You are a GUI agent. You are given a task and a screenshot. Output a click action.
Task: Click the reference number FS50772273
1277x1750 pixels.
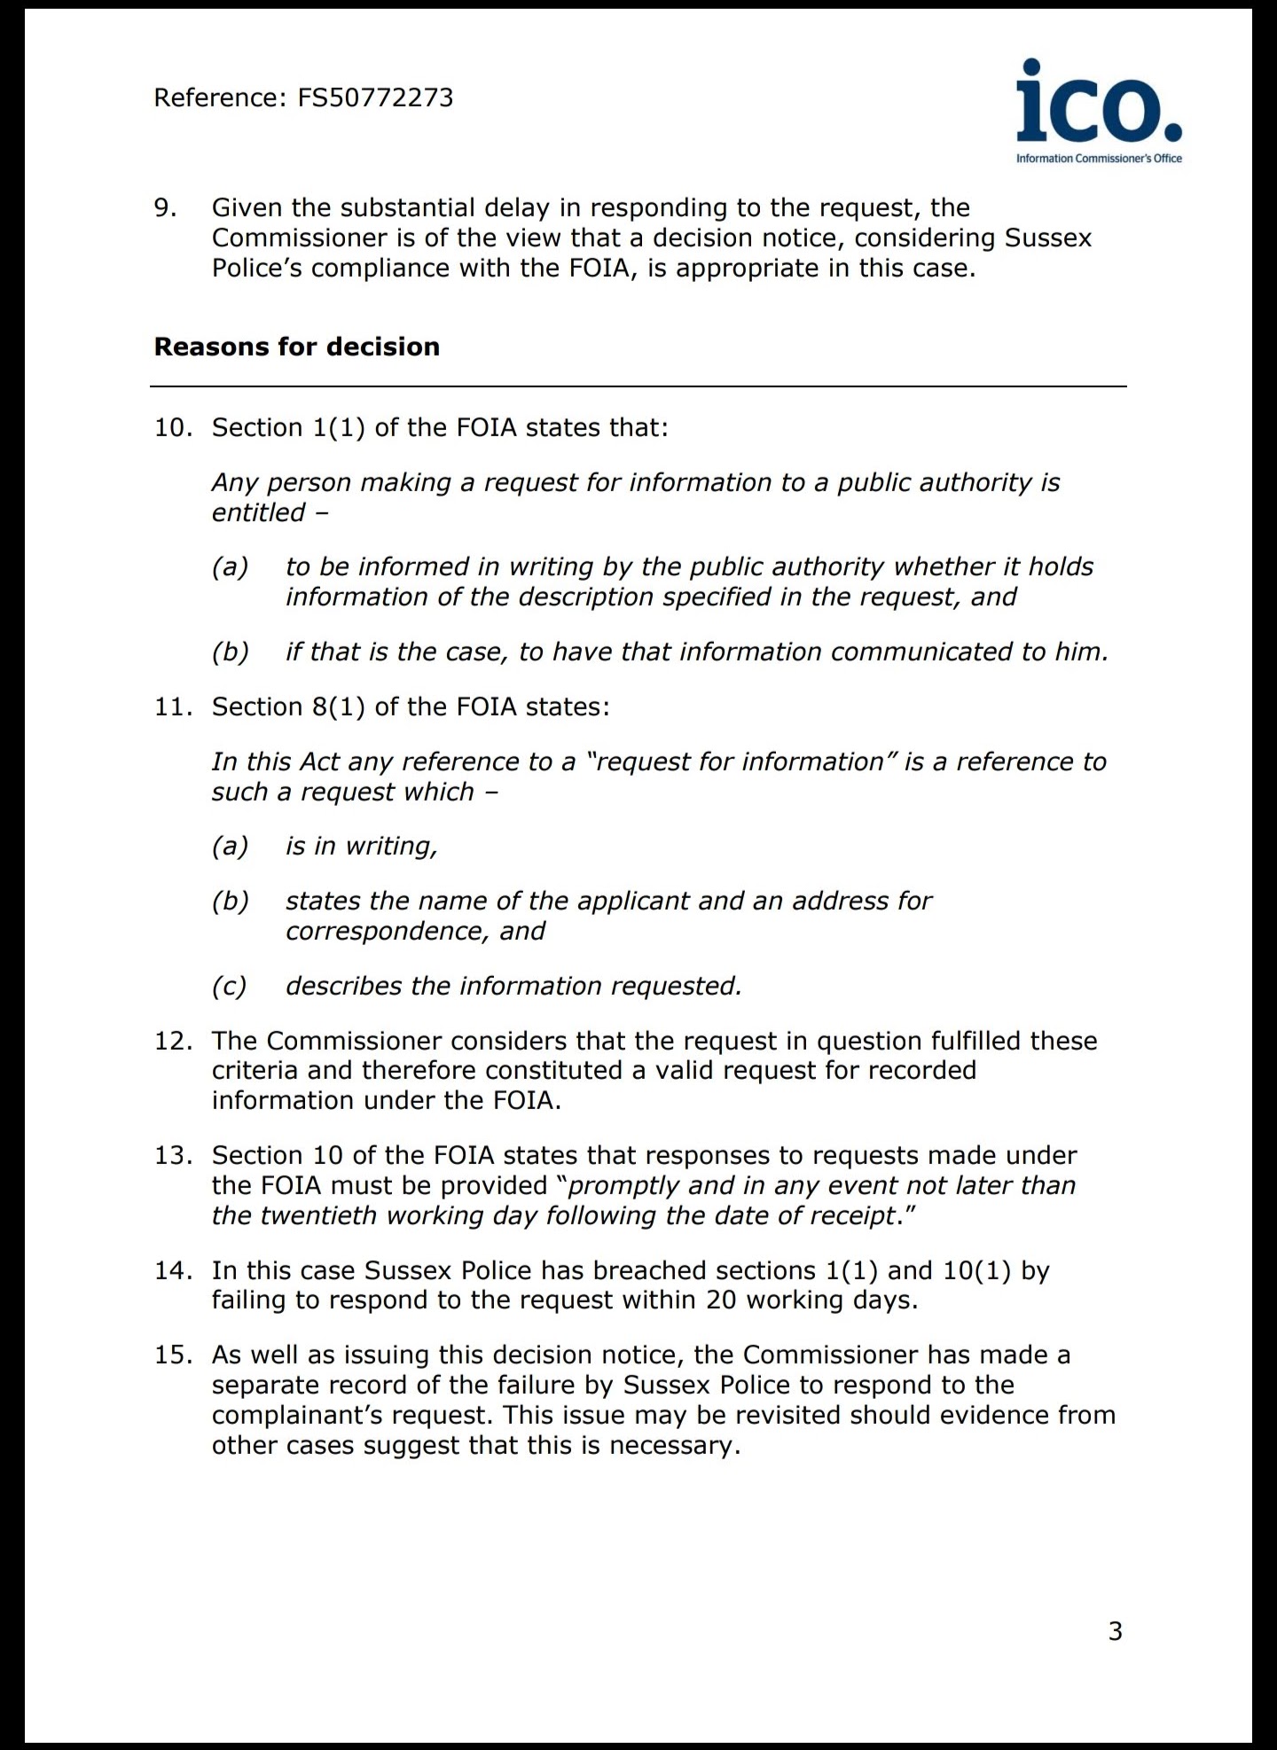tap(375, 98)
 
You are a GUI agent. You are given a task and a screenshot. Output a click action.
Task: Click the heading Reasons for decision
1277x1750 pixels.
tap(296, 347)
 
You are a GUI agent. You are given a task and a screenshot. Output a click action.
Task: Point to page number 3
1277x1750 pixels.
tap(1116, 1630)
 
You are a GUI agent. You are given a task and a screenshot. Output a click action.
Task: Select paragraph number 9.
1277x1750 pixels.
tap(165, 207)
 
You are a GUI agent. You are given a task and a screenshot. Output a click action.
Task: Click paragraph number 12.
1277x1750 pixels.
tap(173, 1041)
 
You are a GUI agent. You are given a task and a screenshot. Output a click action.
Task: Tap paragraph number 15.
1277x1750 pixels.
tap(173, 1355)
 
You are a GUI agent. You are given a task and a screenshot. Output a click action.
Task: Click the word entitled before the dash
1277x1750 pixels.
tap(258, 512)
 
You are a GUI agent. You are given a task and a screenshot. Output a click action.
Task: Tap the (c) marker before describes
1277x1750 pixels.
tap(229, 986)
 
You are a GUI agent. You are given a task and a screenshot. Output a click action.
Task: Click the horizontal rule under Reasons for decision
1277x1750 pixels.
tap(638, 387)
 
